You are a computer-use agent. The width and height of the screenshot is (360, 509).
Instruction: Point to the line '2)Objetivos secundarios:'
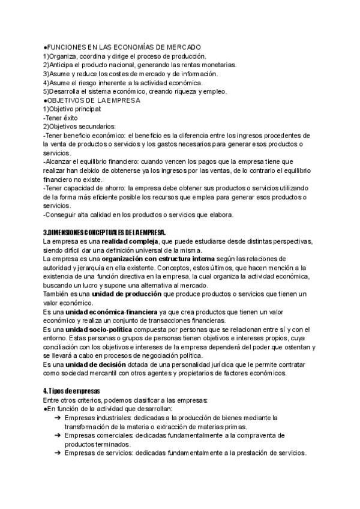80,127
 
